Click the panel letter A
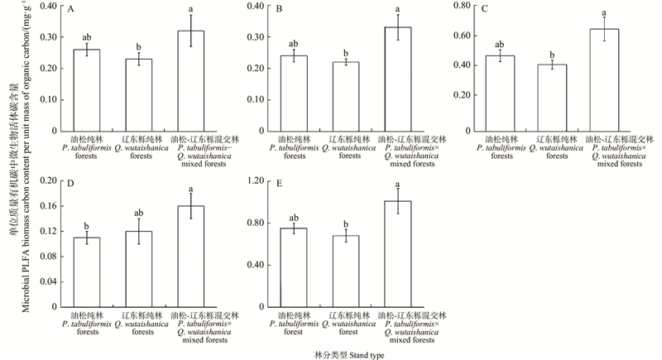pyautogui.click(x=72, y=10)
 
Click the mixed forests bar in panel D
pyautogui.click(x=191, y=256)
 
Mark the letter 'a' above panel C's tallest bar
pyautogui.click(x=604, y=12)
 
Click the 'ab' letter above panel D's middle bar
pyautogui.click(x=139, y=212)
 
